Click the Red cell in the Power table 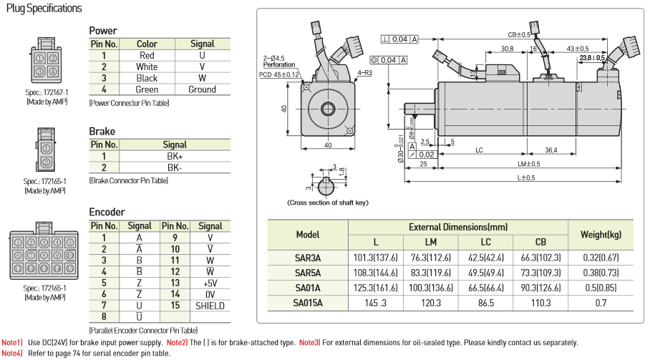[147, 56]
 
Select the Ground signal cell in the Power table [202, 89]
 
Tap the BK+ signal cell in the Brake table [175, 157]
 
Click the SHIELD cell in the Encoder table [210, 306]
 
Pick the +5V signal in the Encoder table [210, 283]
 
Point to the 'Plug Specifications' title [44, 9]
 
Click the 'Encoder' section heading [107, 212]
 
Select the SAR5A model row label [308, 273]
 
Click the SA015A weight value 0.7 [601, 303]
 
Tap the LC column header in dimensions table [485, 243]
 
